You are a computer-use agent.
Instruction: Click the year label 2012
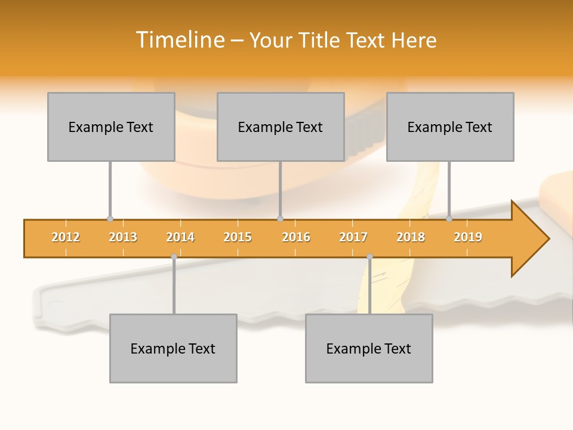click(66, 237)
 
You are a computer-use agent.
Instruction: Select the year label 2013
click(123, 237)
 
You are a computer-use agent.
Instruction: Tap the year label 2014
click(180, 237)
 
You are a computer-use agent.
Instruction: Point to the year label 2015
click(238, 237)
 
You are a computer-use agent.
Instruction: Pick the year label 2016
click(296, 237)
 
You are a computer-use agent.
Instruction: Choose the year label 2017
click(353, 237)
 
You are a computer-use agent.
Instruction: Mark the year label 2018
click(411, 237)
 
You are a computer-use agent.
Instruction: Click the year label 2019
click(468, 237)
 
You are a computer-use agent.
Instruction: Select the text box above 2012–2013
click(111, 127)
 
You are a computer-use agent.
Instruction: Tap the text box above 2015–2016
click(281, 127)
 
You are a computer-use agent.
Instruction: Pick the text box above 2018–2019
click(450, 127)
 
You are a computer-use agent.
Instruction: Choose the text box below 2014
click(173, 348)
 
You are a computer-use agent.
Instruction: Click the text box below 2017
click(369, 348)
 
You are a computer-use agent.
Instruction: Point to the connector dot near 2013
click(110, 219)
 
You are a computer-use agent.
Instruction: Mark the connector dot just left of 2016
click(280, 219)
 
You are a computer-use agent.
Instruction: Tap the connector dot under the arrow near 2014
click(174, 257)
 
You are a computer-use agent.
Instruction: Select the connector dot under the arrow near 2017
click(369, 257)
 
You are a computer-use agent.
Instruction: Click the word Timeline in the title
click(179, 40)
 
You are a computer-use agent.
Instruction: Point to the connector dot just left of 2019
click(449, 219)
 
